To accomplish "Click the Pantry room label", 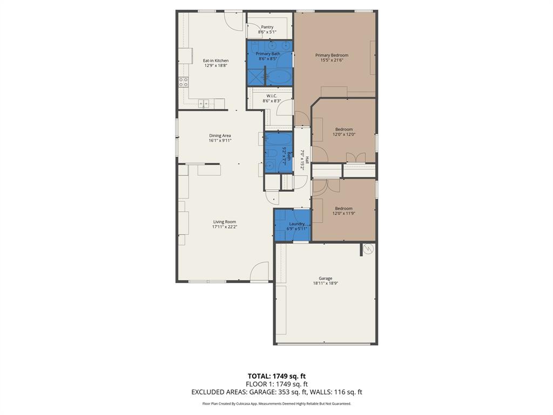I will [267, 27].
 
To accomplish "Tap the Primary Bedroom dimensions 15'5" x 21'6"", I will [332, 60].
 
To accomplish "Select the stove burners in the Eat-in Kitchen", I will [184, 82].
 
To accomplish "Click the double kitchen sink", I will [204, 103].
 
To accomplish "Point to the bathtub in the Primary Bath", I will [280, 77].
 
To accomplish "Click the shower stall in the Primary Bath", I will [257, 77].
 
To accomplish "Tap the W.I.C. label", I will [271, 96].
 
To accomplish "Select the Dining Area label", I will [220, 136].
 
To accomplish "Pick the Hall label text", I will [307, 160].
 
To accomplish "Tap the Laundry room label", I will [297, 224].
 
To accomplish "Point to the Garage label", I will [325, 278].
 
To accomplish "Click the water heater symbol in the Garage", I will [369, 249].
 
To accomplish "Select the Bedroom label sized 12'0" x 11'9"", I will [343, 209].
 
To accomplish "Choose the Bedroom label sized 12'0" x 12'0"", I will [344, 129].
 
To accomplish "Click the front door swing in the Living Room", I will [260, 271].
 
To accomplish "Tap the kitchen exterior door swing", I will [234, 21].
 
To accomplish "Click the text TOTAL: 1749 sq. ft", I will [276, 376].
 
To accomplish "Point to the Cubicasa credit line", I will [276, 404].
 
